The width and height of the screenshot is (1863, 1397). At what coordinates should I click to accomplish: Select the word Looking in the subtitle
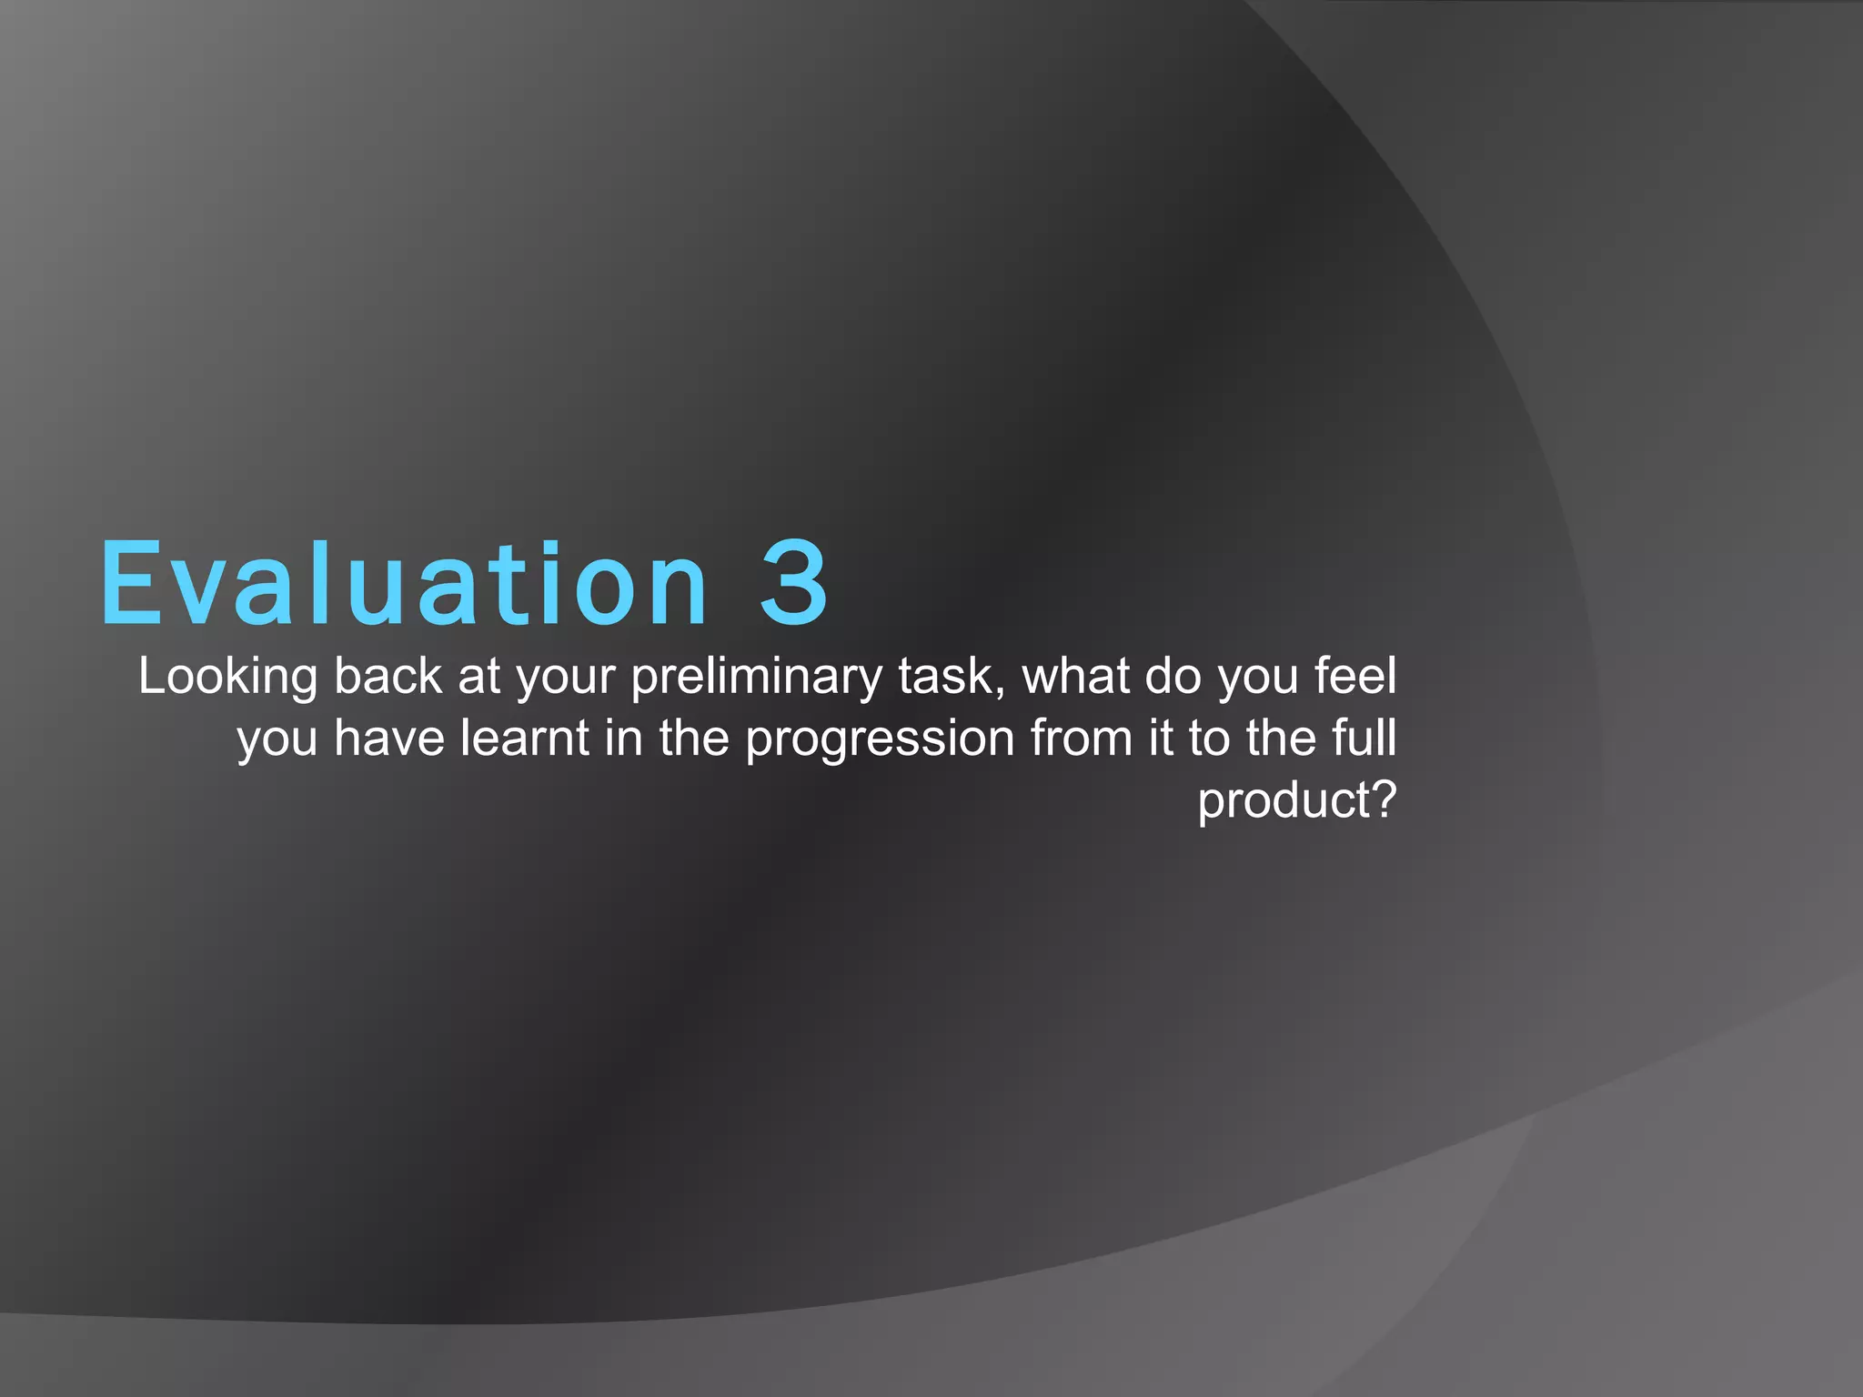(x=227, y=678)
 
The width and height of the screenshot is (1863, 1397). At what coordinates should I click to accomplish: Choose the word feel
(x=1355, y=678)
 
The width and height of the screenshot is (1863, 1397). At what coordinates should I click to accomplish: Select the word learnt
(x=524, y=739)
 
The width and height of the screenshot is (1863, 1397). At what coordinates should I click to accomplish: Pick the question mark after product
(x=1384, y=799)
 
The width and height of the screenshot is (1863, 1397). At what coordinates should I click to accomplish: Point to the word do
(x=1173, y=678)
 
